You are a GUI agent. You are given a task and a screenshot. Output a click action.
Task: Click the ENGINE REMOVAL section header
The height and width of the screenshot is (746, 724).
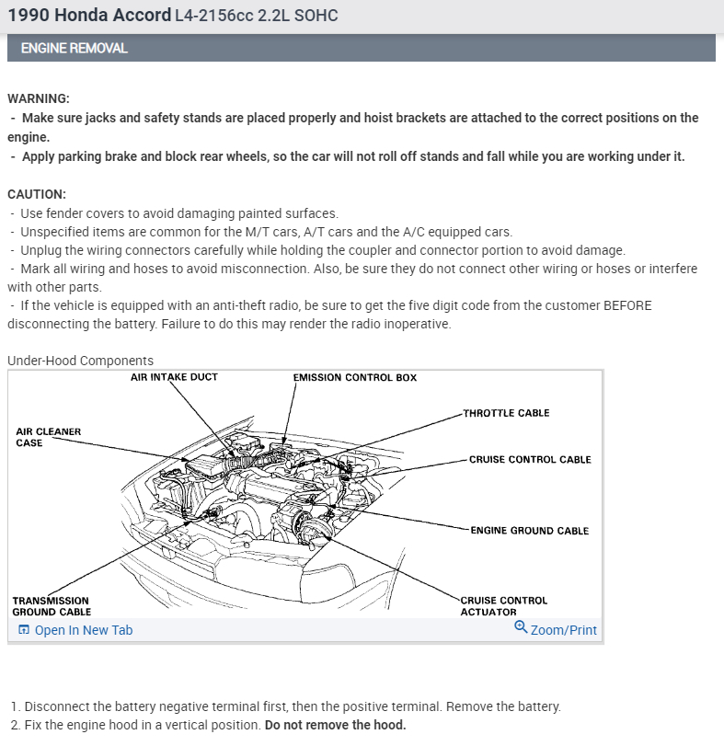[75, 48]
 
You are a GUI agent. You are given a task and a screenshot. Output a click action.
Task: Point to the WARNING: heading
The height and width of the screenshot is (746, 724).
[39, 98]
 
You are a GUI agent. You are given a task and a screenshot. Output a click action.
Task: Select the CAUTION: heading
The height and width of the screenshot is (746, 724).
[37, 194]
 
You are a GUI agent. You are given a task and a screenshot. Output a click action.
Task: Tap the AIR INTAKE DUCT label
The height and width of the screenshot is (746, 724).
[174, 377]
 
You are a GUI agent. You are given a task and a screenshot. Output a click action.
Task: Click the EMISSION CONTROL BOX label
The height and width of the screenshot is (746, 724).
[354, 378]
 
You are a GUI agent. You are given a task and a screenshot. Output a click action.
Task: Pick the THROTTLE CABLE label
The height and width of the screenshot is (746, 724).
[506, 413]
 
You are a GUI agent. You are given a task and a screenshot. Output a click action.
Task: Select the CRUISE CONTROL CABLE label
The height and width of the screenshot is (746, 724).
[530, 459]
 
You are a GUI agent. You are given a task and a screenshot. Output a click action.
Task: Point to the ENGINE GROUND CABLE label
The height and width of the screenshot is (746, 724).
[529, 531]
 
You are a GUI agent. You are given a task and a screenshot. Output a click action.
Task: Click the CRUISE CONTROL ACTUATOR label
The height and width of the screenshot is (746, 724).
[503, 606]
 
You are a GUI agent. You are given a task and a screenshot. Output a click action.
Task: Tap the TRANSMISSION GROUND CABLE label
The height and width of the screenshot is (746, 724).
[52, 606]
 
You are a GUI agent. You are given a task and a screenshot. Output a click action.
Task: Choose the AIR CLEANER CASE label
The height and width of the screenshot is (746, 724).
[48, 437]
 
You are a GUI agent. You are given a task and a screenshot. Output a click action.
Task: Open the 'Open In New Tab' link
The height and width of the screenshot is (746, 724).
[83, 630]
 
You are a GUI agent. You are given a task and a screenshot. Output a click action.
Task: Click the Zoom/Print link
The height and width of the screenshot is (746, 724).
[563, 630]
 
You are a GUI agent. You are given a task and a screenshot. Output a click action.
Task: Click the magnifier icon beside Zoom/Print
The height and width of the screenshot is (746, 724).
[521, 628]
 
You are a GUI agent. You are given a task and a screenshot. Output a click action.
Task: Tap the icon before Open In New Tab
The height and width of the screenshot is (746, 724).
[24, 630]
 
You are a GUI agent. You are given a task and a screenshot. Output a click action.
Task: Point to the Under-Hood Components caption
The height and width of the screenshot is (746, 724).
[80, 361]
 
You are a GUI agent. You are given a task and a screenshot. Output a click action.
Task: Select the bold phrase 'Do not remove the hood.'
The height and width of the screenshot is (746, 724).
[335, 725]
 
